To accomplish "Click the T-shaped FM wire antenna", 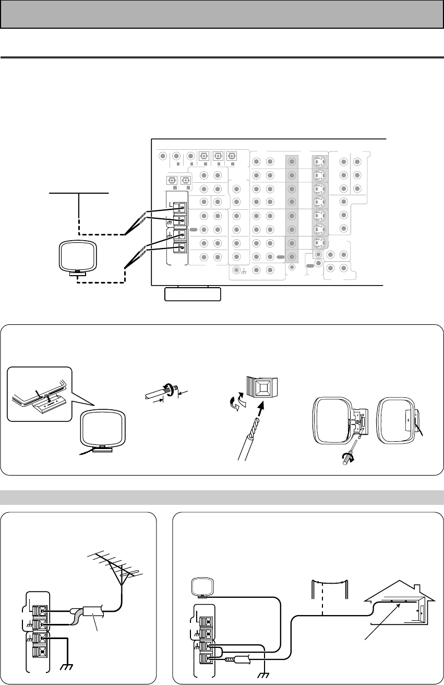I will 79,193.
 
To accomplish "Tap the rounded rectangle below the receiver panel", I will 193,294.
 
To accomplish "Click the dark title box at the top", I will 222,14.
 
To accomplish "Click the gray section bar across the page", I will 222,498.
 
